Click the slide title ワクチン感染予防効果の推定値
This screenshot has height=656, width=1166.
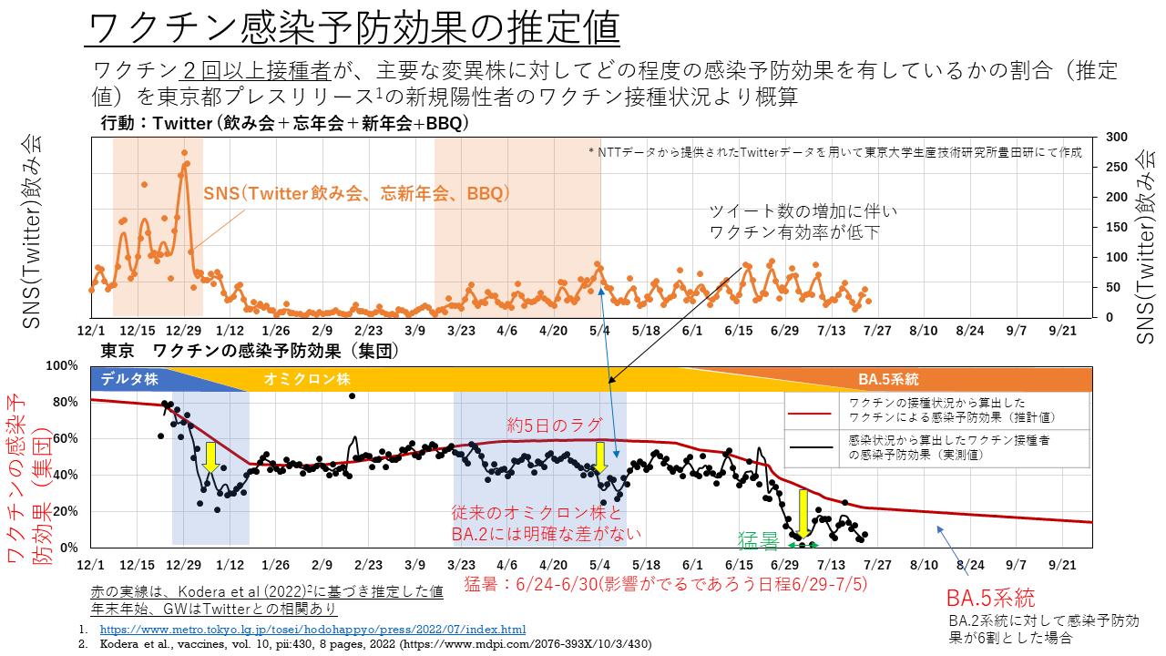coord(353,29)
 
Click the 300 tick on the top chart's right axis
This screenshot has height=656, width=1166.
coord(1116,137)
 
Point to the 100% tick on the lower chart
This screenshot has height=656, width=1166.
coord(64,365)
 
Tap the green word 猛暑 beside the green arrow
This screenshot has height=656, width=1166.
coord(758,543)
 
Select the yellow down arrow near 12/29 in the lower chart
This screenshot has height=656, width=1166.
coord(210,456)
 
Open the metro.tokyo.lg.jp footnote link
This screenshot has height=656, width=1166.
coord(312,630)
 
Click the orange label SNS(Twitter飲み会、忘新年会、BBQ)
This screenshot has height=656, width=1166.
coord(355,194)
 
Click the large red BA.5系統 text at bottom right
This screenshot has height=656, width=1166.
coord(990,599)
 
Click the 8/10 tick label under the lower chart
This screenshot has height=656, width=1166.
coord(924,566)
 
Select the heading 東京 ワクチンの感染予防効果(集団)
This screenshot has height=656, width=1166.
coord(250,351)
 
